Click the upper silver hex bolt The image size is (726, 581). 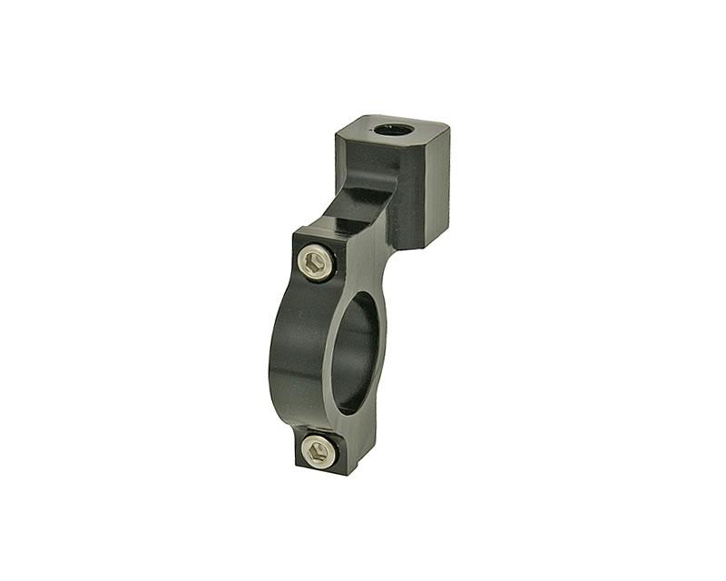tap(316, 263)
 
